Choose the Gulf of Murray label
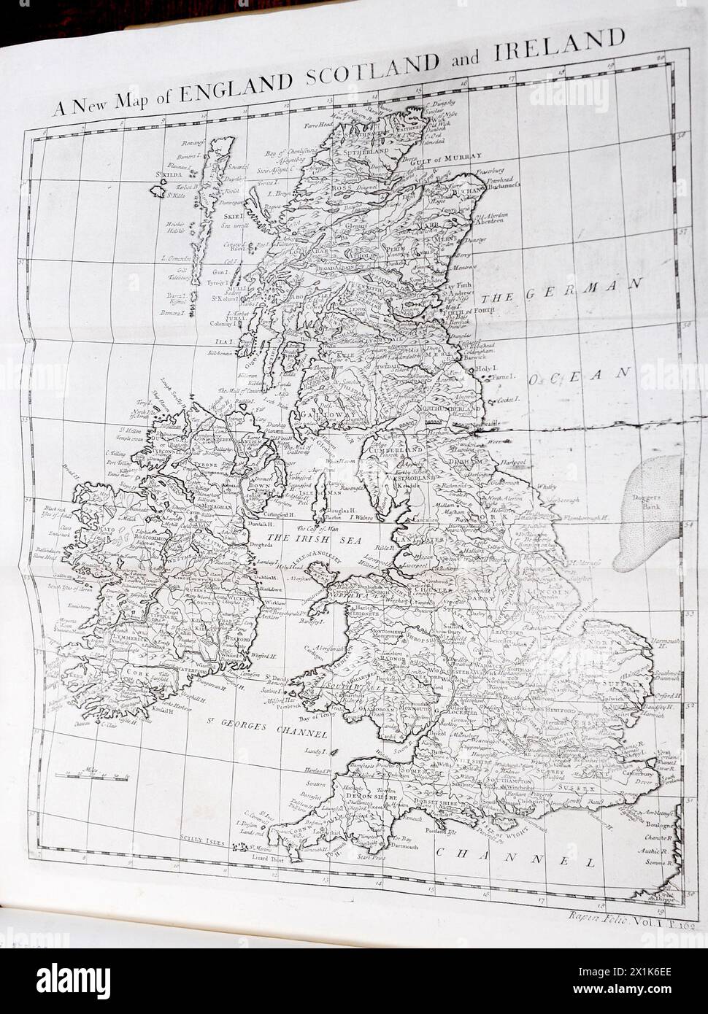tap(452, 157)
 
